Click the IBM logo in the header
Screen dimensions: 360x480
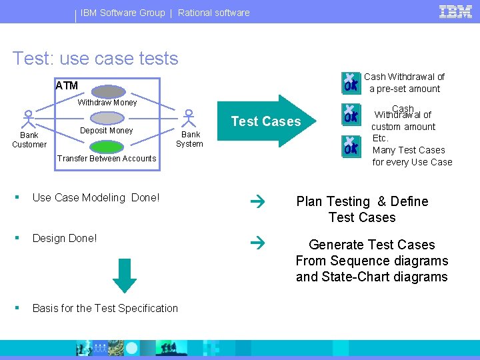456,11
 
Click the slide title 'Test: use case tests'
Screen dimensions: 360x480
95,59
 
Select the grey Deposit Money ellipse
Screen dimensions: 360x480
107,118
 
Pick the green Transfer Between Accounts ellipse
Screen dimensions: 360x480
107,146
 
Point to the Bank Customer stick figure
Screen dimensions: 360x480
28,119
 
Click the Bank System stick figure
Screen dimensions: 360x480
189,119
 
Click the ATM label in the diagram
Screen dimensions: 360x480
67,85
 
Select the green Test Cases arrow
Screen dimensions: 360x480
267,121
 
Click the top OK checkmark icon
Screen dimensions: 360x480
350,82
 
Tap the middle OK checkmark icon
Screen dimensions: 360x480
350,114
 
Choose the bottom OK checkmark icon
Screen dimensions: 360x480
350,145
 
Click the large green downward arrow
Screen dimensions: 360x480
123,274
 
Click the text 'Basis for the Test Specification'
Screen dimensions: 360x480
105,308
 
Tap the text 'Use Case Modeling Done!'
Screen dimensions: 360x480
96,197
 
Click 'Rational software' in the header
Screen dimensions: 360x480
213,13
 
